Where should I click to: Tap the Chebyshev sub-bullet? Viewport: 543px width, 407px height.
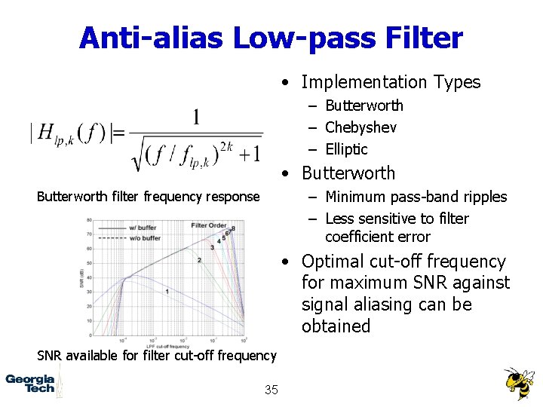(x=360, y=127)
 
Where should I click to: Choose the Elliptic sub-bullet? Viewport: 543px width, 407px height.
(x=346, y=149)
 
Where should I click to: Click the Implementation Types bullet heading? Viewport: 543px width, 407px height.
(x=391, y=82)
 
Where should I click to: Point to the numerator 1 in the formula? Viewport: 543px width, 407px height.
(x=196, y=118)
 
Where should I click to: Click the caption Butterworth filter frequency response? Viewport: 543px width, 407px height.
(x=148, y=197)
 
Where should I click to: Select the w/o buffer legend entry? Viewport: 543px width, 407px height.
(x=146, y=237)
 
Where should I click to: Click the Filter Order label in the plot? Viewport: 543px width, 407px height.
(x=209, y=225)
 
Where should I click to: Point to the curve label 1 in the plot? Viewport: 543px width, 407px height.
(x=166, y=291)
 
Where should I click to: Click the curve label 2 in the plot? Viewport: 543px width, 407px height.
(x=199, y=260)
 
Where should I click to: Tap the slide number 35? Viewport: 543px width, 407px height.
(x=271, y=390)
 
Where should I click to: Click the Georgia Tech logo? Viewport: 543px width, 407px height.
(x=30, y=383)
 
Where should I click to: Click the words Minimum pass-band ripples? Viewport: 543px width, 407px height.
(x=416, y=197)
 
